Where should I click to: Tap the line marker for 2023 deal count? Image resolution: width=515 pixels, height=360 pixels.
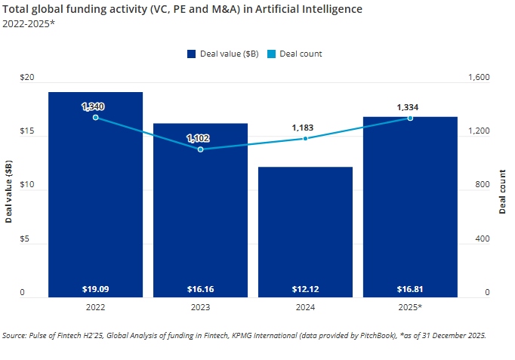(x=200, y=149)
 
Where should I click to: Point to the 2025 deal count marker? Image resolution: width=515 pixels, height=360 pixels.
(x=410, y=118)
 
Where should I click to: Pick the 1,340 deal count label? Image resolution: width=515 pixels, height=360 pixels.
(x=95, y=106)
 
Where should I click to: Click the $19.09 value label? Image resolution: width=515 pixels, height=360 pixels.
(x=95, y=288)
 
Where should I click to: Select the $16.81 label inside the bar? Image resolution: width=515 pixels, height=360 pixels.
(x=410, y=288)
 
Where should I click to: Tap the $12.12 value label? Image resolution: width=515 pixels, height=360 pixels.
(x=305, y=288)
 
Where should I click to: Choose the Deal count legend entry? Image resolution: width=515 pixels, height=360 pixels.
(x=295, y=54)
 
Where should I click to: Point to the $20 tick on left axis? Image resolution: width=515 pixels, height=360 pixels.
(x=26, y=78)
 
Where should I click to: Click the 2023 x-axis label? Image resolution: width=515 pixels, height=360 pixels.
(x=200, y=308)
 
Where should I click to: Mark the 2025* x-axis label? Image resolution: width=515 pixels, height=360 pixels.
(x=410, y=308)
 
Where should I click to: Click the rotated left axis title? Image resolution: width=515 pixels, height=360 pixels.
(x=8, y=192)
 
